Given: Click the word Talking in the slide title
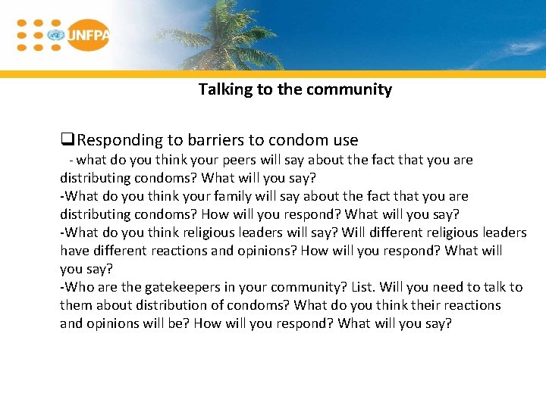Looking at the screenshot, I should pyautogui.click(x=226, y=89).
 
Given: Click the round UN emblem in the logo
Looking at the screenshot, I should pyautogui.click(x=55, y=35).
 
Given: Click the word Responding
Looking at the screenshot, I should pyautogui.click(x=120, y=140).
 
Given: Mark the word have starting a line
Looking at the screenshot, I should pyautogui.click(x=74, y=251).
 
